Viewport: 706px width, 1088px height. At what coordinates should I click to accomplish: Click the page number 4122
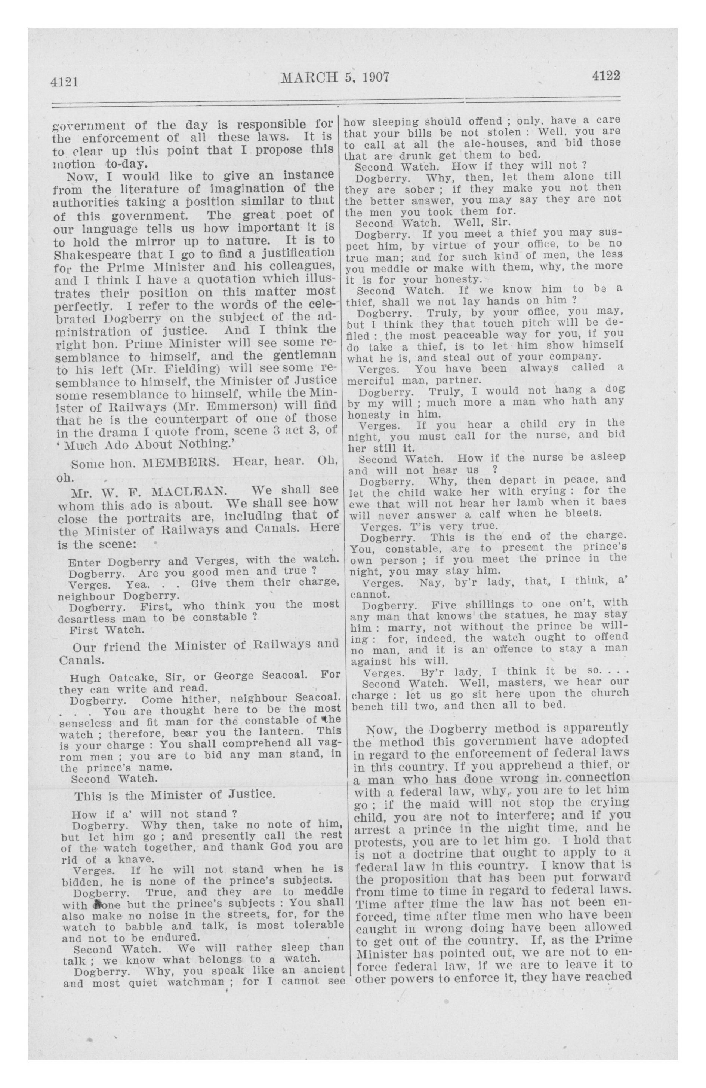click(605, 76)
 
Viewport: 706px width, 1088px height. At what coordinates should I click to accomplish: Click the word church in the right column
click(607, 693)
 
